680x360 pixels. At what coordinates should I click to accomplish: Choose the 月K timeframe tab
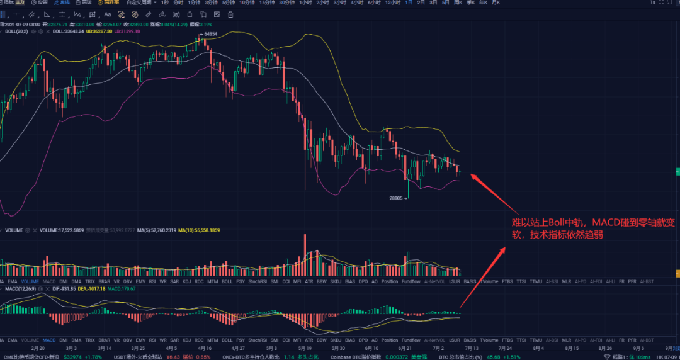coord(496,3)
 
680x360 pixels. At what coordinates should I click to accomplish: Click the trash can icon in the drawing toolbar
coord(230,14)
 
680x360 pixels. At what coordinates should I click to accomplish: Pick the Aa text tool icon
coord(108,14)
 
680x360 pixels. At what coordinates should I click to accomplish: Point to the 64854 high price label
coord(210,34)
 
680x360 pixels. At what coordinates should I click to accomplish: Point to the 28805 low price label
coord(395,198)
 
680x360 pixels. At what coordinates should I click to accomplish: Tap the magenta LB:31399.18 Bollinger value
coord(127,31)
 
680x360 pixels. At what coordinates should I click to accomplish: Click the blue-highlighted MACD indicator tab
coord(49,340)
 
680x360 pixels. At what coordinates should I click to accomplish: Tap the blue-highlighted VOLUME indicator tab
coord(30,281)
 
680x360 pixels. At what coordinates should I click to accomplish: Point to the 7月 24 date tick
coord(506,347)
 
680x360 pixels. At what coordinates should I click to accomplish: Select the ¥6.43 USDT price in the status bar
coord(173,357)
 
